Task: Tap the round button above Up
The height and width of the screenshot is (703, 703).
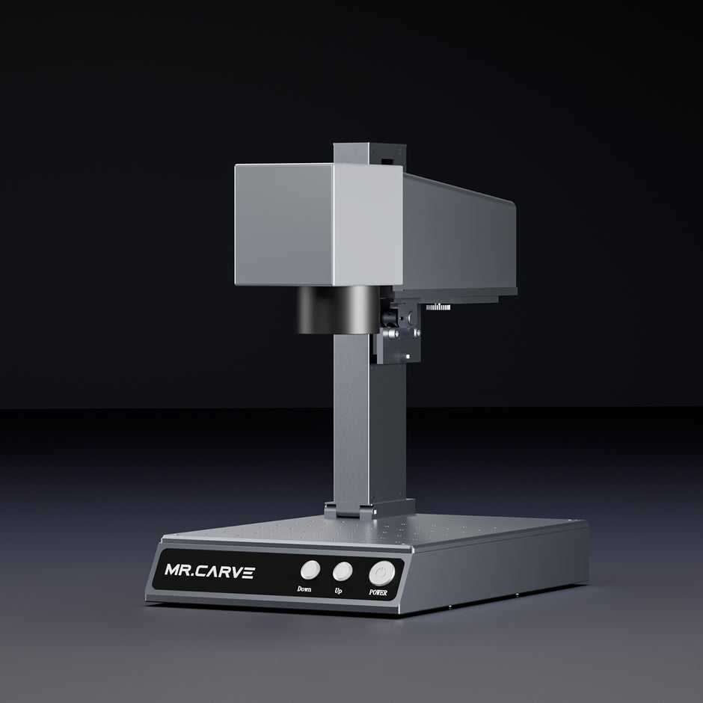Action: pos(342,571)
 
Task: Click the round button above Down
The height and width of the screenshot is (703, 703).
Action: pos(310,571)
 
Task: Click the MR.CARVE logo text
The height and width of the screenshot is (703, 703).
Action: pos(209,573)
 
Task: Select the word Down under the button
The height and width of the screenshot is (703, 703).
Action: pos(304,589)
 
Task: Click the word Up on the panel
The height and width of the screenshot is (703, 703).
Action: pos(340,589)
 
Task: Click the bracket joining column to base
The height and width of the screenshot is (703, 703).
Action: pos(352,510)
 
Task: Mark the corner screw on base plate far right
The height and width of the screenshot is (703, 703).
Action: pos(571,522)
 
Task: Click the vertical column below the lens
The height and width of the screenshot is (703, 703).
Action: pos(351,419)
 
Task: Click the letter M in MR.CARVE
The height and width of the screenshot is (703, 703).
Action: pos(172,573)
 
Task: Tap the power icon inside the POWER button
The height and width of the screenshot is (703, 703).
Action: pos(382,572)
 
